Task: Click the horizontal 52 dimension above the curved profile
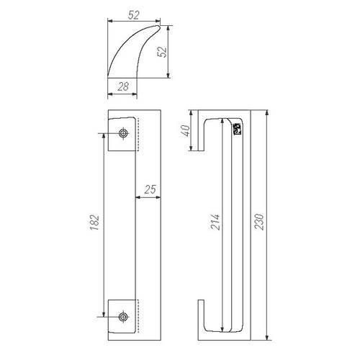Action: click(x=133, y=15)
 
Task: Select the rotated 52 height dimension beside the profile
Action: click(x=162, y=52)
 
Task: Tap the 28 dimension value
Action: click(x=123, y=86)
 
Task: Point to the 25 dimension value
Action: click(x=150, y=189)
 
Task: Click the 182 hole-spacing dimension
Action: click(x=95, y=222)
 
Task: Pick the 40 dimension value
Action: click(x=186, y=130)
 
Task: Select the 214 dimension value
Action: click(x=215, y=222)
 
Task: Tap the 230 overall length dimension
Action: click(x=259, y=222)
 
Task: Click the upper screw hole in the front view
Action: click(x=123, y=133)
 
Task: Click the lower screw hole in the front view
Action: click(x=123, y=317)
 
